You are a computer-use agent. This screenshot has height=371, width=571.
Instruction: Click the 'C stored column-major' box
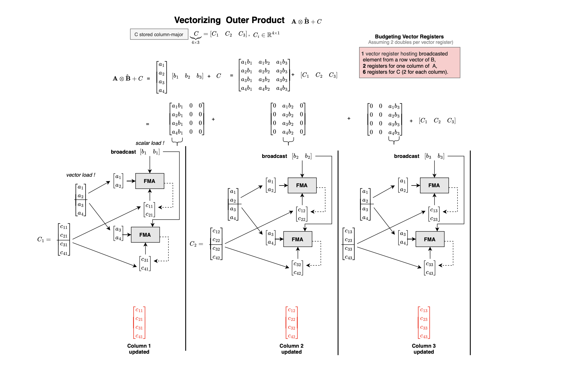[159, 34]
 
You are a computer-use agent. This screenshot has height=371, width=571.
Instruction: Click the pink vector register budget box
[409, 63]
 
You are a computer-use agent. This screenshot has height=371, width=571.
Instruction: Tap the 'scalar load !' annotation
[150, 143]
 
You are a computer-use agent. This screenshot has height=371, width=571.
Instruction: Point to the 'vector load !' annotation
[81, 175]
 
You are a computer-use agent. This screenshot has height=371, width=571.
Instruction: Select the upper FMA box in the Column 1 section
[150, 181]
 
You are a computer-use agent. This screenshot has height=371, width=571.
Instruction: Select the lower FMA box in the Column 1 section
[145, 235]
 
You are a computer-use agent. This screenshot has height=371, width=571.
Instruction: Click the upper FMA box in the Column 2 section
[302, 186]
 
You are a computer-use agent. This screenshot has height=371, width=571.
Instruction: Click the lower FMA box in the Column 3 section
[430, 239]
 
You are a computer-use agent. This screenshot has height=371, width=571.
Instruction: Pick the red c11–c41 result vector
[139, 323]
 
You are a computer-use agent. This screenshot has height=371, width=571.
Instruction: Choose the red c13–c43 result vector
[424, 323]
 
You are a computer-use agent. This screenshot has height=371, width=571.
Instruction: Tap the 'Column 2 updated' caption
[291, 349]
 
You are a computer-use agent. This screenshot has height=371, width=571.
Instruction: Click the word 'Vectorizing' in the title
[197, 20]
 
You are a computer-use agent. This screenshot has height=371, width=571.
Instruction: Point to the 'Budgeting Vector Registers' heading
[409, 36]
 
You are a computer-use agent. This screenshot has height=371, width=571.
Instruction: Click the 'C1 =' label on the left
[44, 240]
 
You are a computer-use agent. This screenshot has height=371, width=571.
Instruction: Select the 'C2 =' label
[196, 244]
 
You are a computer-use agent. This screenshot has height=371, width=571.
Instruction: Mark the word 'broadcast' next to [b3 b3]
[406, 156]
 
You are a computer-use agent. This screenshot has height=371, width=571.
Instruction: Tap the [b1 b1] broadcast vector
[150, 152]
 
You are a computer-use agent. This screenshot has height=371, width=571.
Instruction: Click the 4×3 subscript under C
[195, 42]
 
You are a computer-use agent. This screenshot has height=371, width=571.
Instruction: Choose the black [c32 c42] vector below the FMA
[297, 268]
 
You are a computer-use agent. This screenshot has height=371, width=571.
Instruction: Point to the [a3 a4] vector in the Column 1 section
[118, 234]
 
